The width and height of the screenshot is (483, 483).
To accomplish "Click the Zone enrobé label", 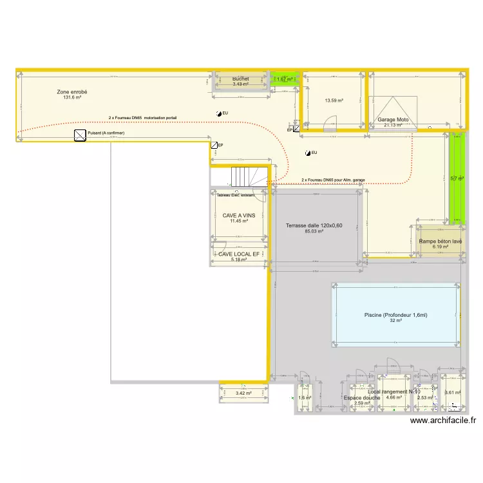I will (72, 92).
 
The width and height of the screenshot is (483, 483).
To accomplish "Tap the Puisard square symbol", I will (80, 135).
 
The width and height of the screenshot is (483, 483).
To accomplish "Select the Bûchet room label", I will (241, 79).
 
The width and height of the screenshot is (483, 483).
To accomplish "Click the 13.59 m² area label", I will (334, 100).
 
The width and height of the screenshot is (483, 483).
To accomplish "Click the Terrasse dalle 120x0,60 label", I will (314, 225).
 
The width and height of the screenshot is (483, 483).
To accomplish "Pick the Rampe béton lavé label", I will (440, 241).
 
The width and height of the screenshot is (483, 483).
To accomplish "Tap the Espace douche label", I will (362, 398).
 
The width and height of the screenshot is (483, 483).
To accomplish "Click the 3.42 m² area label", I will (243, 393).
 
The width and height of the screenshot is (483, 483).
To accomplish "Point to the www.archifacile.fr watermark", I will (443, 421).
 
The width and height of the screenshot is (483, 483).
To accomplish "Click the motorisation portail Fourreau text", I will (142, 118).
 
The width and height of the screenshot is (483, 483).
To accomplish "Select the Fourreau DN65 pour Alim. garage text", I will (333, 180).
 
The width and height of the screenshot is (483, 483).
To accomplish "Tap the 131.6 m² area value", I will (72, 98).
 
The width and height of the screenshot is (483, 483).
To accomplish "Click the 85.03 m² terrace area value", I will (314, 232).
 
